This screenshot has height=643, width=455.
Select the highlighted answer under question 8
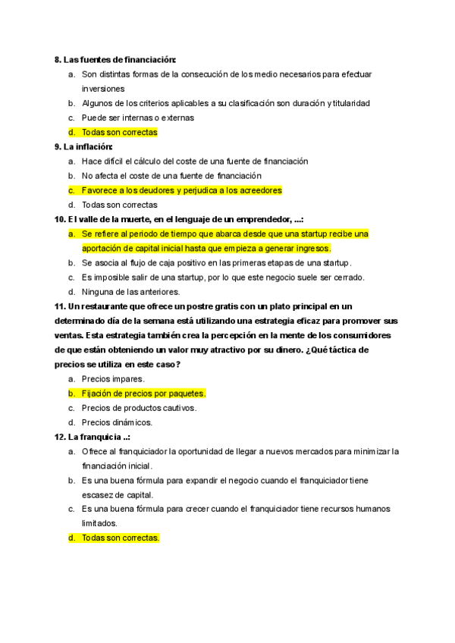click(x=120, y=132)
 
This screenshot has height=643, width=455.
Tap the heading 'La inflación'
click(x=88, y=146)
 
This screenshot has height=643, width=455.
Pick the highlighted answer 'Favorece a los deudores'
click(x=181, y=190)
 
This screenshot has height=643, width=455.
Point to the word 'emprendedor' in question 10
click(x=260, y=219)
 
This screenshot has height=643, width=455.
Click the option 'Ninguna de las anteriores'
click(x=130, y=292)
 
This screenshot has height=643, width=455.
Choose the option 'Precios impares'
click(x=113, y=379)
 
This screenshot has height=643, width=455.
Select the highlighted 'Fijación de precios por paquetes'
click(x=143, y=394)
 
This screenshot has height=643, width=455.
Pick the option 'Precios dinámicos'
click(x=117, y=422)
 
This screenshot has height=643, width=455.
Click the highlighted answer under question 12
click(x=121, y=538)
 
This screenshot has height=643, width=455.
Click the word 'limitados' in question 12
click(x=99, y=524)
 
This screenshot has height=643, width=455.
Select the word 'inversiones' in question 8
click(x=103, y=89)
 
